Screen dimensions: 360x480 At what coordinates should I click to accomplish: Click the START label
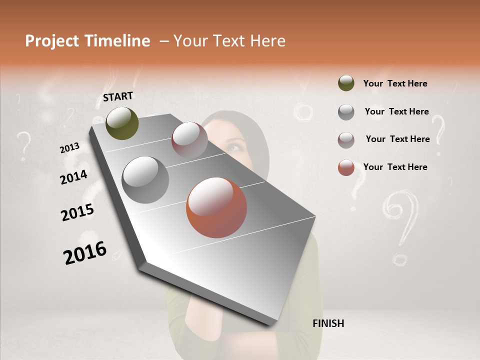point(118,96)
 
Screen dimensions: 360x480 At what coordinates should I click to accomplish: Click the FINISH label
point(328,323)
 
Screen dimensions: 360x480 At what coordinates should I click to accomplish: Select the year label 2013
point(69,148)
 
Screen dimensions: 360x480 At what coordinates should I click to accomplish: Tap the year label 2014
point(73,177)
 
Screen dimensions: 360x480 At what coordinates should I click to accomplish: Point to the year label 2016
point(85,253)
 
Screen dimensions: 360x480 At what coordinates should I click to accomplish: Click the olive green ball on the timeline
point(122,123)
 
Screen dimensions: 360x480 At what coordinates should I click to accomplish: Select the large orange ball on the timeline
point(216,207)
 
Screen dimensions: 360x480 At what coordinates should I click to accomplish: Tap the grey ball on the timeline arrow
point(145,179)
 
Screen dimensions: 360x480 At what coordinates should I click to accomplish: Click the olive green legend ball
point(346,83)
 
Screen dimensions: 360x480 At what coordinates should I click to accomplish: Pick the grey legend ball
point(346,111)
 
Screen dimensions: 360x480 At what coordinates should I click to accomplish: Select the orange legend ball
point(346,167)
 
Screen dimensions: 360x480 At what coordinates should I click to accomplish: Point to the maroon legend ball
point(346,139)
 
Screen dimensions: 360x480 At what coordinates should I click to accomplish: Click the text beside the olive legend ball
point(395,83)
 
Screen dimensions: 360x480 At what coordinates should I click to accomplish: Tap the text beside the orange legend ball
point(395,167)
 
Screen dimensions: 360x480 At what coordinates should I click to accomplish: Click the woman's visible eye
point(234,147)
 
